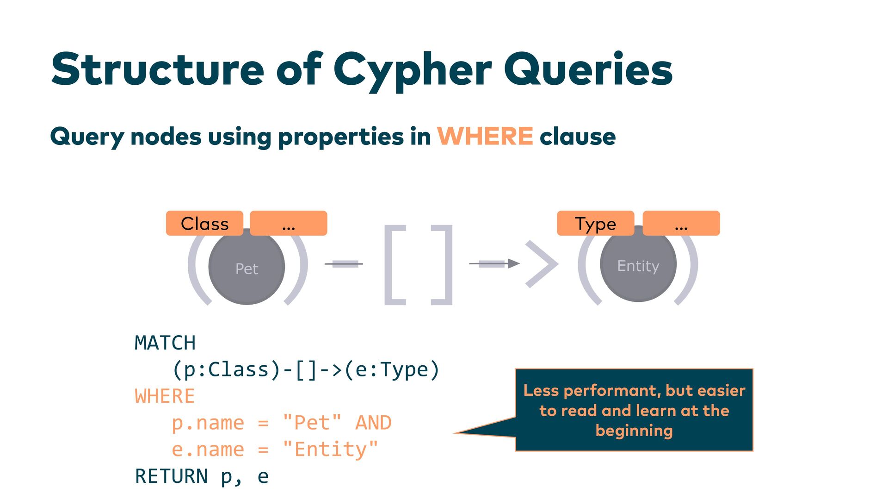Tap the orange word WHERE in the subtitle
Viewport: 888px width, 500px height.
click(485, 136)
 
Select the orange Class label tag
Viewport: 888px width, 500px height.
click(204, 224)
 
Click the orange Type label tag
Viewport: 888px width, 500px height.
click(595, 224)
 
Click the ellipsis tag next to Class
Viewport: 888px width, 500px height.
click(288, 224)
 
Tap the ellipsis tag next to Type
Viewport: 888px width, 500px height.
click(681, 224)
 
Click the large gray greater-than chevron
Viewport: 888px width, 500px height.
click(542, 264)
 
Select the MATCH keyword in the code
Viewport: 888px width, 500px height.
click(165, 343)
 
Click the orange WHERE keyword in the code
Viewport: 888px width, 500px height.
click(165, 396)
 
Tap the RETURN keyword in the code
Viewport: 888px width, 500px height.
click(171, 476)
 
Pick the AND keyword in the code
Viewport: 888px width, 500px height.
click(373, 423)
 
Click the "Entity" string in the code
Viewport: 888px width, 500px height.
click(330, 450)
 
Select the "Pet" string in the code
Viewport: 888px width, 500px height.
click(312, 423)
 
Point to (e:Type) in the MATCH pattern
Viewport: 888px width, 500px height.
click(392, 370)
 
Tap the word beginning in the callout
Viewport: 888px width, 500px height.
click(634, 431)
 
